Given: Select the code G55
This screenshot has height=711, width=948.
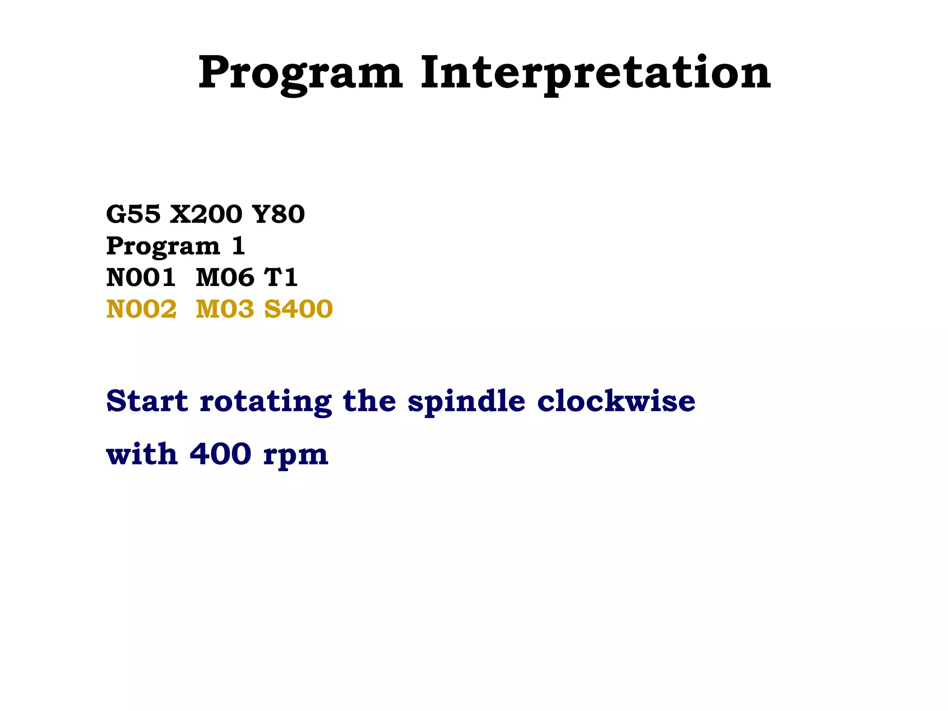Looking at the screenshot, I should [x=133, y=214].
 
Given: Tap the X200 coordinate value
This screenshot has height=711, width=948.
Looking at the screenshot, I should [x=206, y=214].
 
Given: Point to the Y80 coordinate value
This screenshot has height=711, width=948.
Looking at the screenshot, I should [x=278, y=214].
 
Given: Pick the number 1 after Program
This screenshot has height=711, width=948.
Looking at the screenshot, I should [x=238, y=245].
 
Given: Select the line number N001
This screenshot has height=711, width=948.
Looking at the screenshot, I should [x=141, y=278].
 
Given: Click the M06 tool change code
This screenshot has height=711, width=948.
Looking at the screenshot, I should [x=225, y=278].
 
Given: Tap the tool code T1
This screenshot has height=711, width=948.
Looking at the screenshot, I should [x=281, y=278].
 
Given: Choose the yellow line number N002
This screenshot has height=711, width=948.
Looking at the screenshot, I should [x=141, y=309].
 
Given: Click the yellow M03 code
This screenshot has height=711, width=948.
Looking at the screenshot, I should [x=225, y=309].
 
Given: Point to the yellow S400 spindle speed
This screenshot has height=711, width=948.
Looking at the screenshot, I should [x=299, y=309].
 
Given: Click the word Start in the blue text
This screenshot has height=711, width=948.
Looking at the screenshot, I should [x=147, y=401].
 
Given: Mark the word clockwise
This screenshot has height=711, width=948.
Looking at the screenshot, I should [x=616, y=401].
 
